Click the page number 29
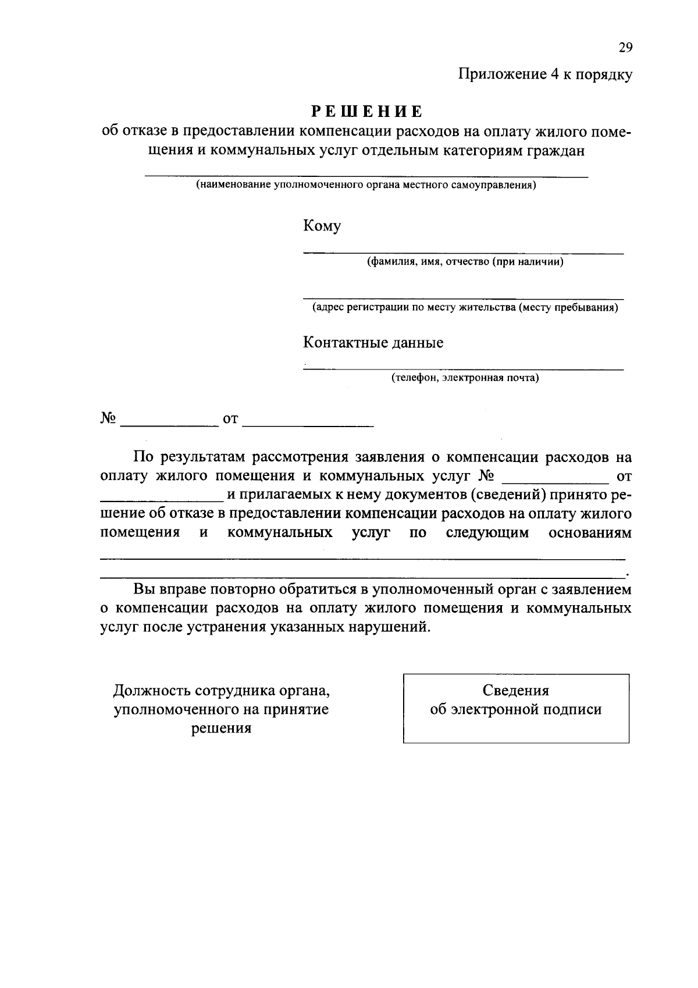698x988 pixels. pyautogui.click(x=625, y=48)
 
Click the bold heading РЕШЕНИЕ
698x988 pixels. pyautogui.click(x=366, y=111)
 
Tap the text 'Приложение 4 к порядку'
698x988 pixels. pyautogui.click(x=544, y=74)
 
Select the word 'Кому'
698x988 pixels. pyautogui.click(x=322, y=226)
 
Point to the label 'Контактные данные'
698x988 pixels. pyautogui.click(x=373, y=343)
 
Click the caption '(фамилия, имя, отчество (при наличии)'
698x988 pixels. pyautogui.click(x=465, y=262)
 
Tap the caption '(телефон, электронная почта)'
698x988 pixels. pyautogui.click(x=465, y=378)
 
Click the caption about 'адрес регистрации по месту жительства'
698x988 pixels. pyautogui.click(x=465, y=307)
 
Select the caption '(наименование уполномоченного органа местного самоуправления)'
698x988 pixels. pyautogui.click(x=366, y=186)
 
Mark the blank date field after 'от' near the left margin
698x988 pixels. pyautogui.click(x=308, y=425)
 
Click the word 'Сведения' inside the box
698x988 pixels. pyautogui.click(x=516, y=691)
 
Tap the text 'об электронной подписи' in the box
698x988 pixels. pyautogui.click(x=516, y=710)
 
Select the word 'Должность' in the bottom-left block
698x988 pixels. pyautogui.click(x=152, y=691)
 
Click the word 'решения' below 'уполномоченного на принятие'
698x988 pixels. pyautogui.click(x=222, y=728)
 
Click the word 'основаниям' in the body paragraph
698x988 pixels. pyautogui.click(x=590, y=533)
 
